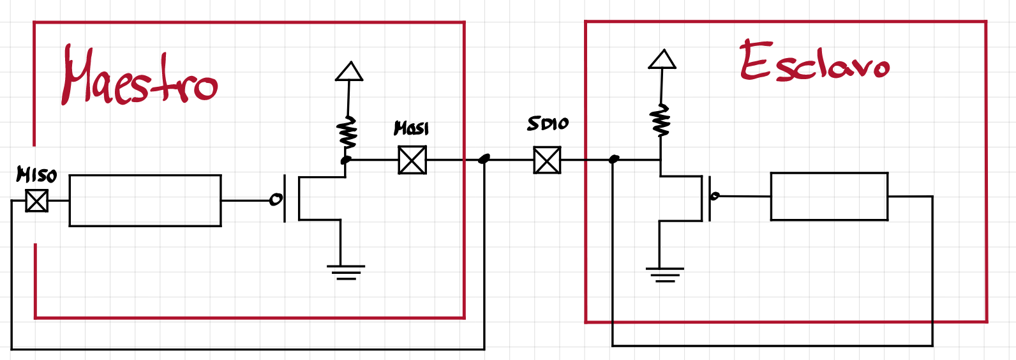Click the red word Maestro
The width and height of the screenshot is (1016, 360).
(139, 78)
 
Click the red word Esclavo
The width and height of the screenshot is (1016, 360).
(814, 63)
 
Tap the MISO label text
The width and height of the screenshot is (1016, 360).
(37, 174)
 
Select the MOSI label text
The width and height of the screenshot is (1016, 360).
(412, 128)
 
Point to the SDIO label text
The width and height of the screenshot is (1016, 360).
(548, 124)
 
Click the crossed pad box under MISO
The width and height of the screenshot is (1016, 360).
(37, 201)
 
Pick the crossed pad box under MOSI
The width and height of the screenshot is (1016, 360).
(412, 160)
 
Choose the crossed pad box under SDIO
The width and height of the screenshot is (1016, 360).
(547, 160)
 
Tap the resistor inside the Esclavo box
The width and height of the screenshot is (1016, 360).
(661, 121)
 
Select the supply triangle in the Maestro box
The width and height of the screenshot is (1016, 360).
(349, 71)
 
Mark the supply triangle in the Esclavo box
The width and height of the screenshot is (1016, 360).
(662, 59)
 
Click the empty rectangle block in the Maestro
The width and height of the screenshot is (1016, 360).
(145, 200)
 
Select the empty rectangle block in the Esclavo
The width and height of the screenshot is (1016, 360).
(829, 197)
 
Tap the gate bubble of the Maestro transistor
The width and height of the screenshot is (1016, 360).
(275, 200)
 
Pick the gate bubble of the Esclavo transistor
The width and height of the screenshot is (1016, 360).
(715, 196)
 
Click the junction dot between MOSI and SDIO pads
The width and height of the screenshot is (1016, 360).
(484, 158)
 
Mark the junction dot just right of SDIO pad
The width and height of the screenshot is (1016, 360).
(614, 159)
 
